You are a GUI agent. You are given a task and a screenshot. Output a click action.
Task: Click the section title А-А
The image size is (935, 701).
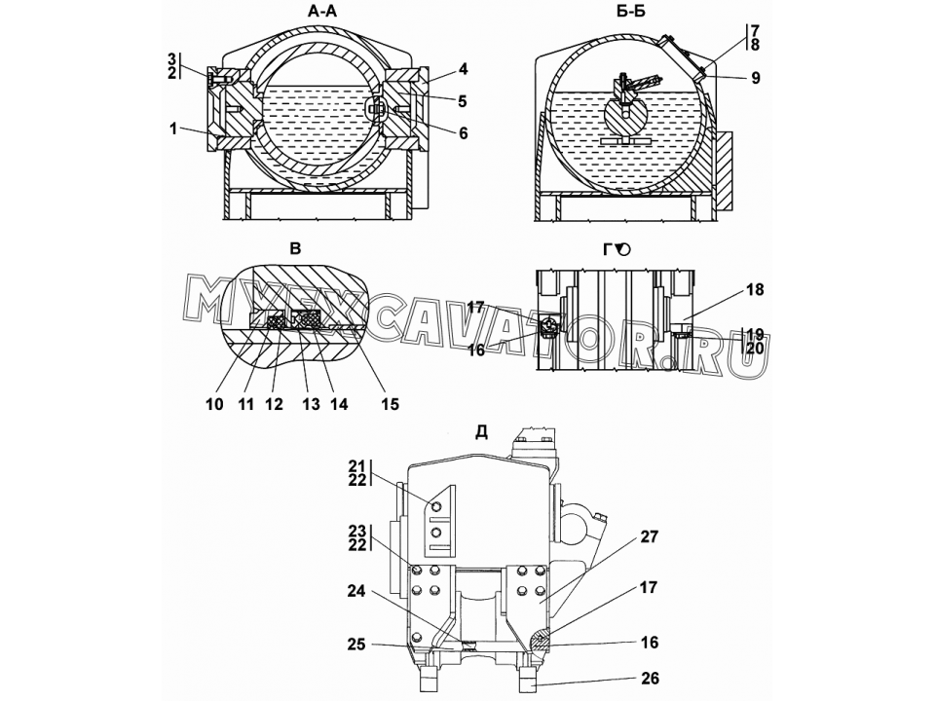(322, 12)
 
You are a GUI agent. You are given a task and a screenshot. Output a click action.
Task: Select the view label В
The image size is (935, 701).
(295, 248)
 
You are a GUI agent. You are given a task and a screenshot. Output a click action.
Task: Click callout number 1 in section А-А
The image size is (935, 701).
(173, 129)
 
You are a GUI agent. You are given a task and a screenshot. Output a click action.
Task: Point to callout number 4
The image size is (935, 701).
(464, 69)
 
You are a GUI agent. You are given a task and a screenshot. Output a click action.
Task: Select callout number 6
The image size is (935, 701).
(464, 133)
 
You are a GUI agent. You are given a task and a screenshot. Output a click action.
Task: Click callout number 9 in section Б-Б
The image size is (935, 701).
(756, 78)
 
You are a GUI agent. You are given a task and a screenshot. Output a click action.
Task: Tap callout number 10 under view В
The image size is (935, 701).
(214, 404)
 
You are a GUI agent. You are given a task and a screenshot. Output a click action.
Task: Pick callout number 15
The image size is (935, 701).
(390, 404)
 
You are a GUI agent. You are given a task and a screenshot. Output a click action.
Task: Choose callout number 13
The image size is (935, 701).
(311, 404)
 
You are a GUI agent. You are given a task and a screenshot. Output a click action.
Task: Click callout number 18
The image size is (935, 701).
(754, 290)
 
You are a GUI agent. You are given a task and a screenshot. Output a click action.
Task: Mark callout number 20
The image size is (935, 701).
(755, 348)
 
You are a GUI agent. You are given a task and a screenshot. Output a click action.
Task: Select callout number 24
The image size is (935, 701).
(357, 591)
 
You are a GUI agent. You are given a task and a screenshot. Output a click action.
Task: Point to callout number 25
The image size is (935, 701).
(357, 645)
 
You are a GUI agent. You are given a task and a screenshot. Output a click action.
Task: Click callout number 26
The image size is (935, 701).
(650, 679)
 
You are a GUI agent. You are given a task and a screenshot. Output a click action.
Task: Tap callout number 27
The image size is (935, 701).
(650, 537)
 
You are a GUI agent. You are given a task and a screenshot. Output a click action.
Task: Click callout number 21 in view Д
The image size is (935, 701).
(357, 466)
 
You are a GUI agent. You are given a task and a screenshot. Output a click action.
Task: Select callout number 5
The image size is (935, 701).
(464, 101)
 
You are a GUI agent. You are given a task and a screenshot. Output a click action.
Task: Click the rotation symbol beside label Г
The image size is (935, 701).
(622, 249)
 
